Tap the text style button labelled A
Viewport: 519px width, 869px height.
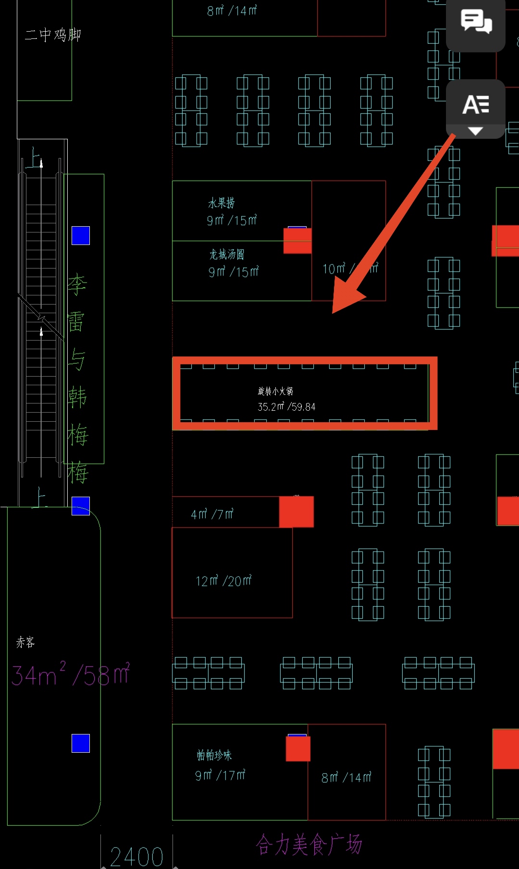(475, 105)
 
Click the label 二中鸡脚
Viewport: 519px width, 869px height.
(53, 35)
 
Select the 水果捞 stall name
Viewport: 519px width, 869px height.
(222, 203)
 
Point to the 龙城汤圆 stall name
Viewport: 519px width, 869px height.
(227, 254)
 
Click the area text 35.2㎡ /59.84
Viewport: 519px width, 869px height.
(286, 407)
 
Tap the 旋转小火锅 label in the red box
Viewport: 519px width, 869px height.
(275, 391)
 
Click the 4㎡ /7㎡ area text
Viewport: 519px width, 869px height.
(212, 514)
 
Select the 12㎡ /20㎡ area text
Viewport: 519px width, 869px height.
(223, 581)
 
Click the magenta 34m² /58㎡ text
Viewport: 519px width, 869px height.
(71, 674)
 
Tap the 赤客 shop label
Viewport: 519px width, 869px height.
(25, 642)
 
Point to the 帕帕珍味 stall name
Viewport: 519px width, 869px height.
(214, 755)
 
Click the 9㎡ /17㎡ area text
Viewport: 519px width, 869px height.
(220, 775)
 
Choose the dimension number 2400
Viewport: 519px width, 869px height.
(136, 857)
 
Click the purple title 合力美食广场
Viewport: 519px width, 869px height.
(309, 845)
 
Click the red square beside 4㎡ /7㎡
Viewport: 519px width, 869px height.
(297, 512)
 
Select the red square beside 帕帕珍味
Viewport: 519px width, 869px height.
(298, 749)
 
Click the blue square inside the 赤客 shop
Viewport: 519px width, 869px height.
(81, 743)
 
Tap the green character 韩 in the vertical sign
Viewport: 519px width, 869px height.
(77, 397)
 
